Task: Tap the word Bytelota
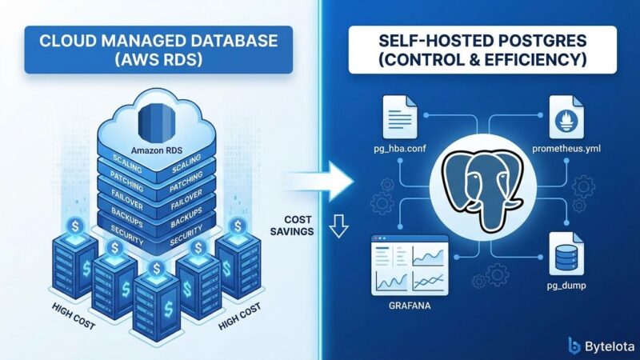(606, 345)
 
